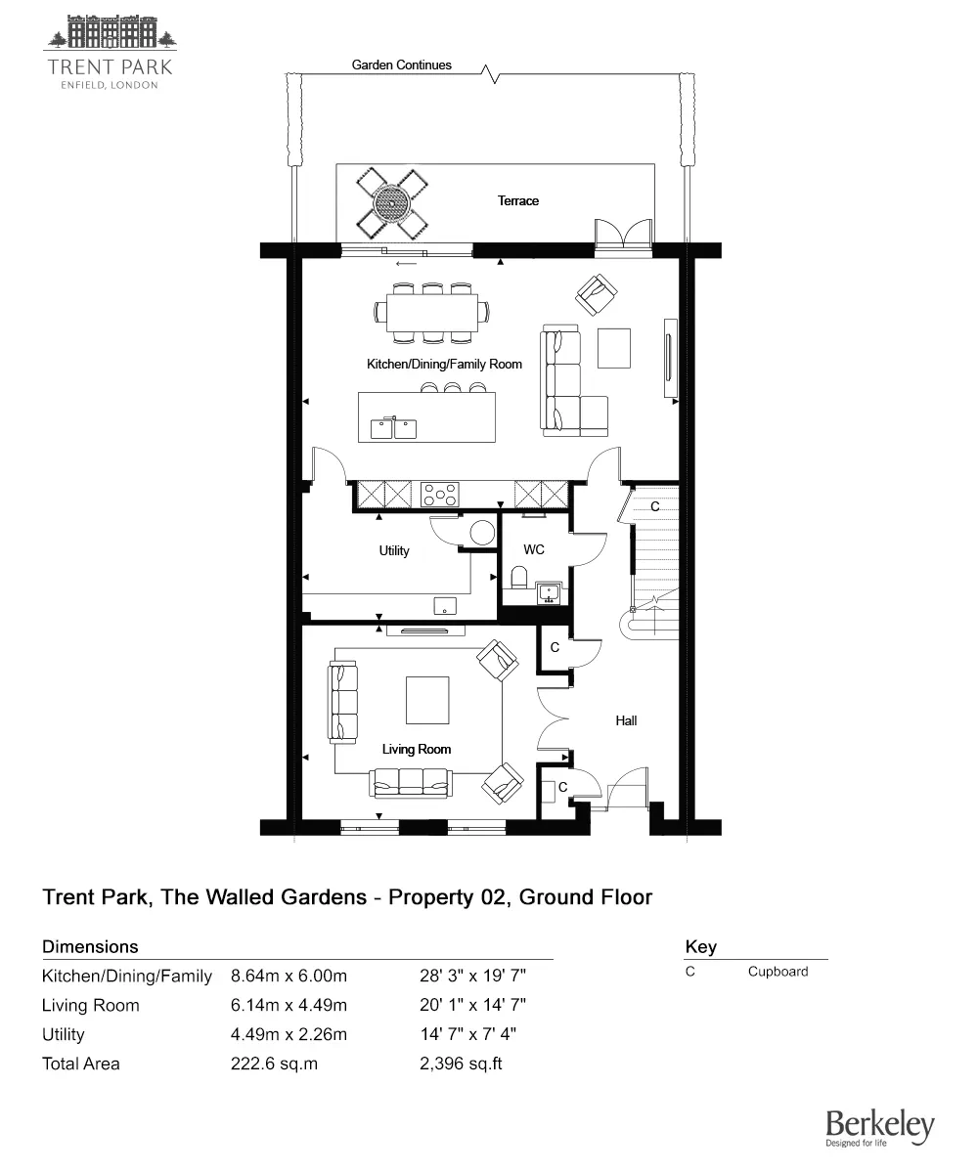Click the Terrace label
pos(518,200)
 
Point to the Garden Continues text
pos(402,65)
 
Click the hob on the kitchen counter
pos(440,495)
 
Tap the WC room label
pos(534,550)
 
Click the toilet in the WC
pos(519,578)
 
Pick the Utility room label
pos(394,550)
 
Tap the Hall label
pos(627,720)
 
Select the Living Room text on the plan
pos(417,750)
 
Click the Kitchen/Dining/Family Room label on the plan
pos(444,364)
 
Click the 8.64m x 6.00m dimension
pos(289,976)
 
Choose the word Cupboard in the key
pos(778,972)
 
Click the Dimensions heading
pos(90,946)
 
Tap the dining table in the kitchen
pos(431,313)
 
